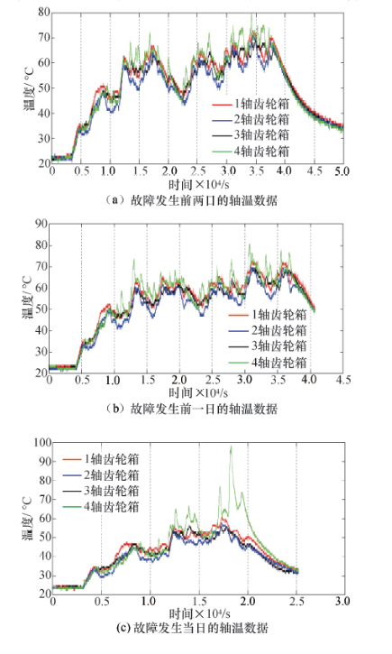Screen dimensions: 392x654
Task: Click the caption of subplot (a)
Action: point(191,200)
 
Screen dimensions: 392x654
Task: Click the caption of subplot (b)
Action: point(191,409)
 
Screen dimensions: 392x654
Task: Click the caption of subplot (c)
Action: point(192,628)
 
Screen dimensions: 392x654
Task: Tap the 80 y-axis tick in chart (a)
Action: point(44,13)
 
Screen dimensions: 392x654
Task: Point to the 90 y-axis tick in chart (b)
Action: point(41,224)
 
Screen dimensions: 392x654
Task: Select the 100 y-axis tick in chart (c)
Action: point(42,443)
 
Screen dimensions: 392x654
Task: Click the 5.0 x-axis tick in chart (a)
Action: point(342,171)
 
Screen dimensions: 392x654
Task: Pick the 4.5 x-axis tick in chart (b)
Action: point(342,380)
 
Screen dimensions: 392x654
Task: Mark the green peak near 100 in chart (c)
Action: point(231,447)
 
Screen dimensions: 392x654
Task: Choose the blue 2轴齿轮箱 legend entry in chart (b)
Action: point(268,330)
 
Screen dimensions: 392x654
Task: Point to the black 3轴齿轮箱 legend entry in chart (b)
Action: point(268,345)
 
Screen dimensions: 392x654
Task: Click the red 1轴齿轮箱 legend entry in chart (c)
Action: point(101,459)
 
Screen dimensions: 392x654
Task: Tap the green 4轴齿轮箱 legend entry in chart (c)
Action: point(101,507)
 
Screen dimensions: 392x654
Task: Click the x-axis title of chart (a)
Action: point(199,183)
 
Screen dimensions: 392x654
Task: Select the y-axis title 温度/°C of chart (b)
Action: point(28,299)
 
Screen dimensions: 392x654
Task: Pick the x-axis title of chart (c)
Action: point(199,613)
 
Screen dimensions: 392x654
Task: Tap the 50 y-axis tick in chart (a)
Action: point(44,88)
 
